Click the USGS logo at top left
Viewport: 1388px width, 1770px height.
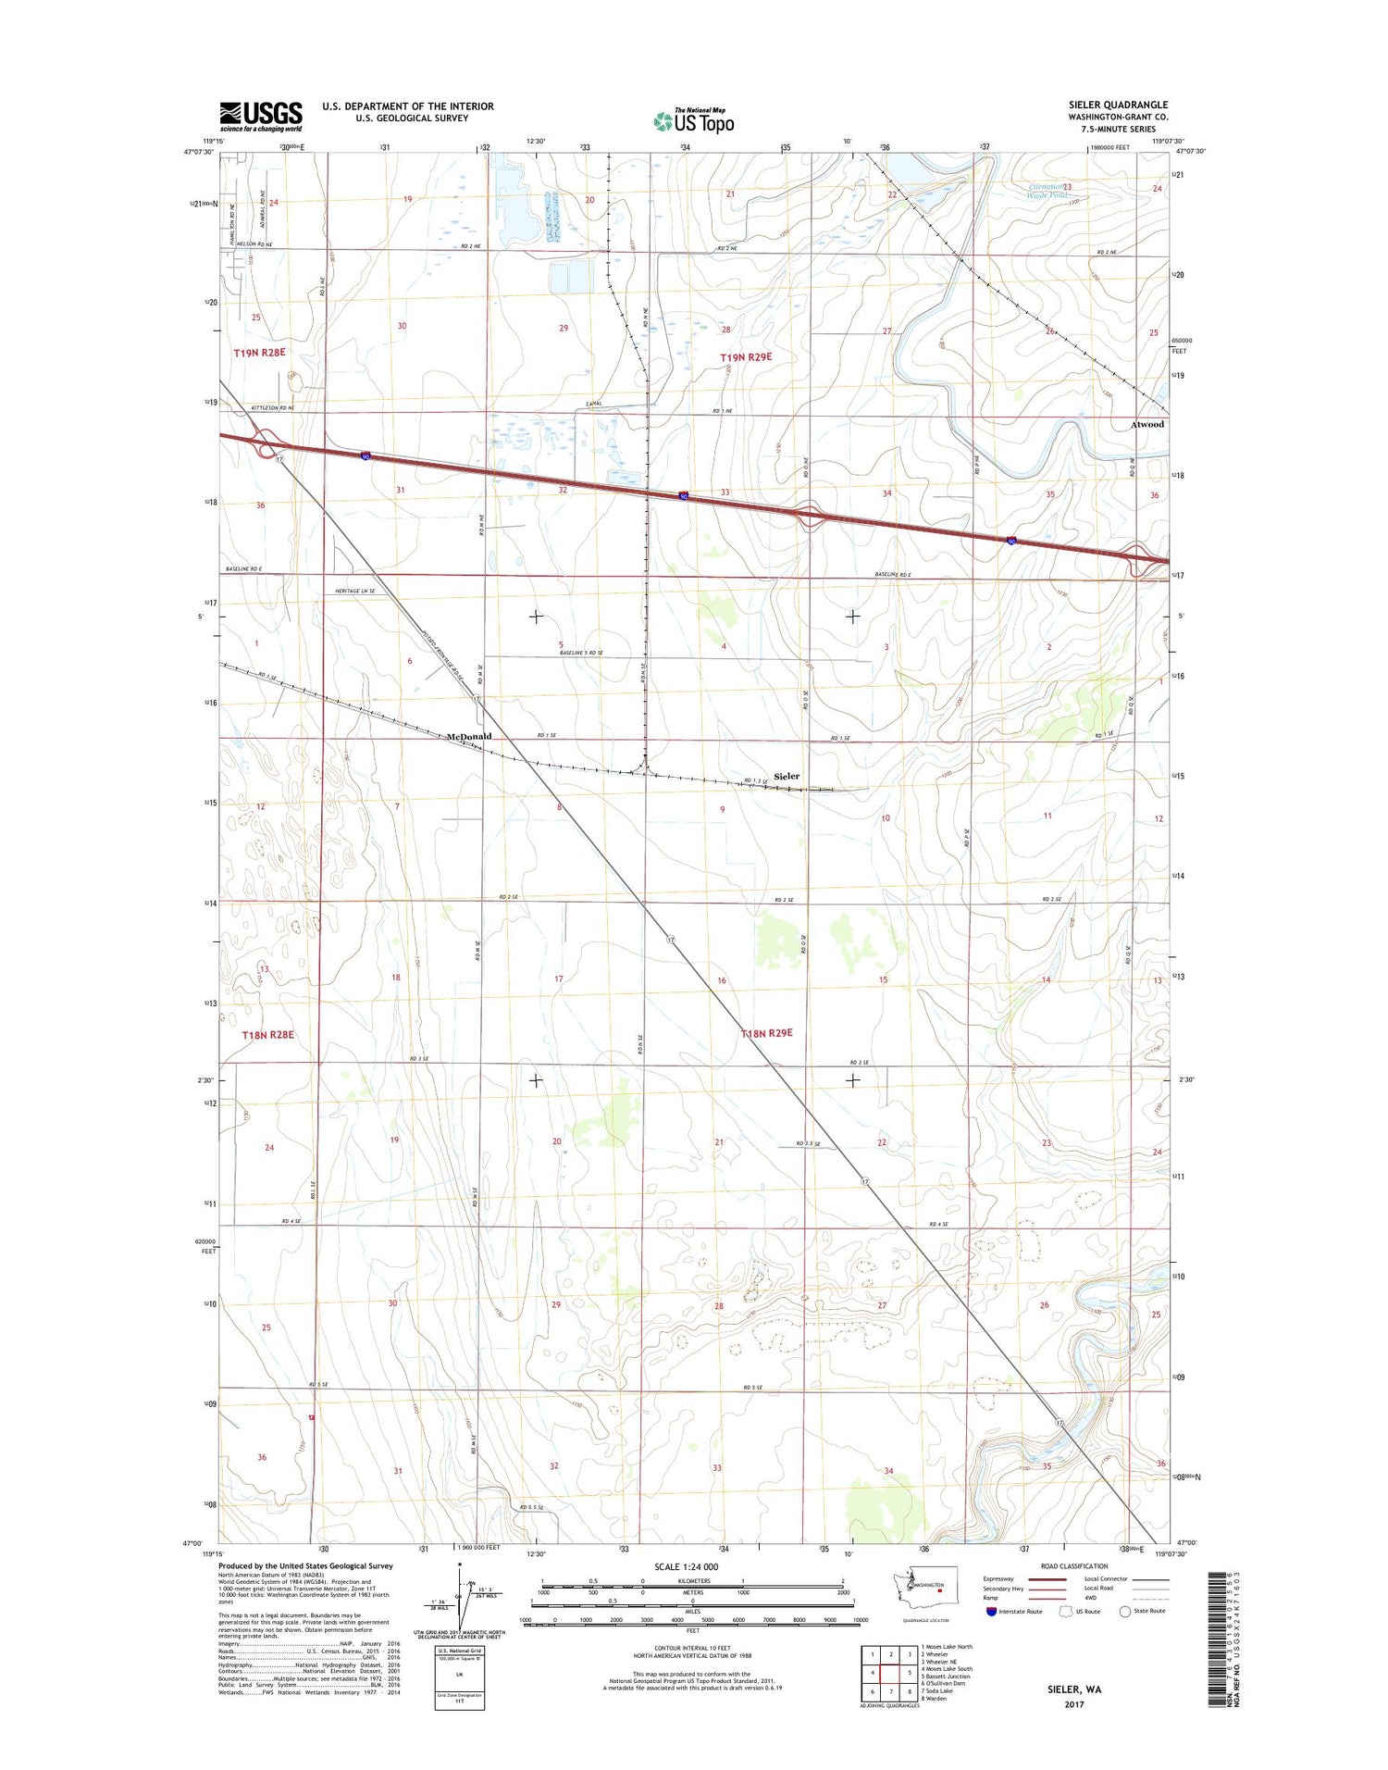(261, 115)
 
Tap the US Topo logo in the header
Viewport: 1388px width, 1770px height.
(694, 120)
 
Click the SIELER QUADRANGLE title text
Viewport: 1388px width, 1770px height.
(1118, 105)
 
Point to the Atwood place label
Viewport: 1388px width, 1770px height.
(1147, 424)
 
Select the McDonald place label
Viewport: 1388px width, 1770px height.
(468, 736)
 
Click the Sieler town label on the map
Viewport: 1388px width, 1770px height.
(787, 776)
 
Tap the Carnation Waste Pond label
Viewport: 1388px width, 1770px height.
(1048, 191)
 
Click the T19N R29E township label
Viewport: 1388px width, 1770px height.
(746, 356)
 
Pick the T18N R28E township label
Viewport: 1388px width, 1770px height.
(267, 1034)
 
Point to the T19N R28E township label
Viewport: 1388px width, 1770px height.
(260, 353)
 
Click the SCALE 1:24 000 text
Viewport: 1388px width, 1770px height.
(692, 1566)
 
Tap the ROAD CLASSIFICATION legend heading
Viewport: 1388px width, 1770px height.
(1075, 1566)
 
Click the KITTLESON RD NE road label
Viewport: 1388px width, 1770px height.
(266, 407)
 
